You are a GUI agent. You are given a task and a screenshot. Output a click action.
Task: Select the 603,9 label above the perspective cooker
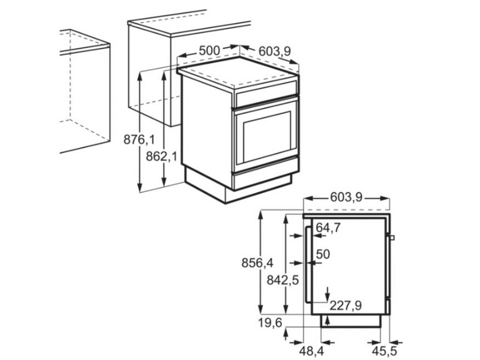pos(274,52)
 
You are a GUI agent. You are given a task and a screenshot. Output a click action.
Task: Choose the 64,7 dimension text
pos(328,227)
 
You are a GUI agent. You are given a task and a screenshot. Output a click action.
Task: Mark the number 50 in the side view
pos(323,254)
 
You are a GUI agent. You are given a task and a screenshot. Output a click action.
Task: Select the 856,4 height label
pos(257,263)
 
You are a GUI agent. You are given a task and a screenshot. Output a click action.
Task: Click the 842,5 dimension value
pos(283,280)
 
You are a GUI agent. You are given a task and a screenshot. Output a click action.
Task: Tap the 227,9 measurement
pos(345,306)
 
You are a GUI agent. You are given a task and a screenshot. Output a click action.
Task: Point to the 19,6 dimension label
pos(271,323)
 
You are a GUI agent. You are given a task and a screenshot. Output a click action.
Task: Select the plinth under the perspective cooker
pos(240,186)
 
